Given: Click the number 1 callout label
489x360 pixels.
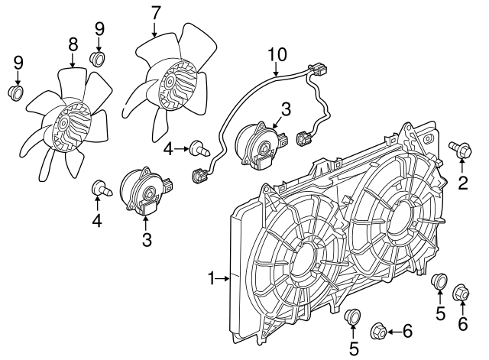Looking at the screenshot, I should point(212,278).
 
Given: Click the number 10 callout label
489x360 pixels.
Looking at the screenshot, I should point(277,54).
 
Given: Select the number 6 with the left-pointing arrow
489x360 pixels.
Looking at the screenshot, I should point(407,331).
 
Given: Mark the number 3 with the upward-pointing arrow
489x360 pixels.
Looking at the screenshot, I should point(147,240).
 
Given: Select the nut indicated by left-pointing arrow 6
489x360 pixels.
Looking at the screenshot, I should point(377,331).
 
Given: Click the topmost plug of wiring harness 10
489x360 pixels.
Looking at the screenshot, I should point(316,70).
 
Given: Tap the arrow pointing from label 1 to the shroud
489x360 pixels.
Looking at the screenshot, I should point(223,278).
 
